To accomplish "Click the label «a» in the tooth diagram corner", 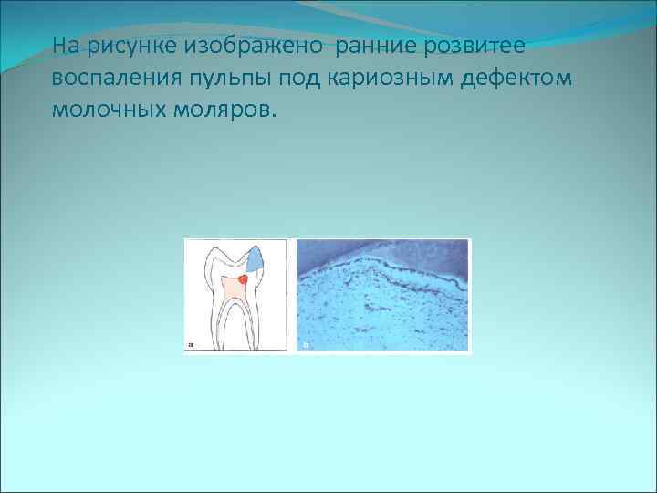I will click(x=191, y=345).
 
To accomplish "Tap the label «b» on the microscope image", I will click(x=306, y=345).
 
